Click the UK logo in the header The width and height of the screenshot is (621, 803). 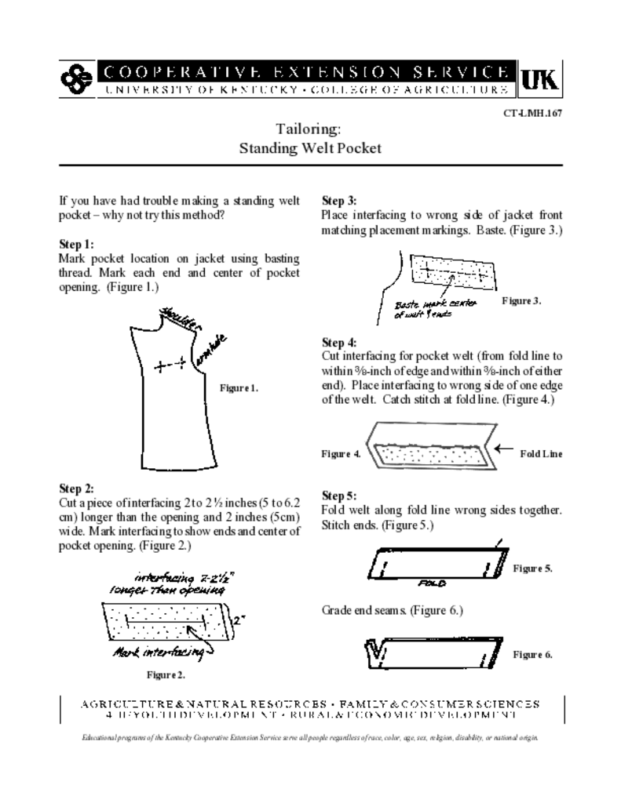click(542, 78)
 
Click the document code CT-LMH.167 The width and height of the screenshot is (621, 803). click(534, 112)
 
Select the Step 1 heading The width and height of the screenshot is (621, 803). click(76, 244)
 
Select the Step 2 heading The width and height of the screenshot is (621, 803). click(76, 488)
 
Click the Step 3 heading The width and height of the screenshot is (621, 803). click(339, 201)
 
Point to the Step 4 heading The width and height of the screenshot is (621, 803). click(339, 342)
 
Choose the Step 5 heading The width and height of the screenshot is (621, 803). click(339, 496)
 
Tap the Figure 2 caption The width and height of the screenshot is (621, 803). click(166, 674)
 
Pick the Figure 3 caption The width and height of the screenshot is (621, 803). click(521, 300)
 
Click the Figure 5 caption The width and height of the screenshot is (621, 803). click(532, 568)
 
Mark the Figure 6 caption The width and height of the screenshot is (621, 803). click(532, 654)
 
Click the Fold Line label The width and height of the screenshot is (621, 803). click(541, 453)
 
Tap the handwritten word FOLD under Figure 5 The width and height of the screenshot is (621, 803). click(432, 583)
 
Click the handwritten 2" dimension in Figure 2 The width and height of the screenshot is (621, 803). click(238, 617)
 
